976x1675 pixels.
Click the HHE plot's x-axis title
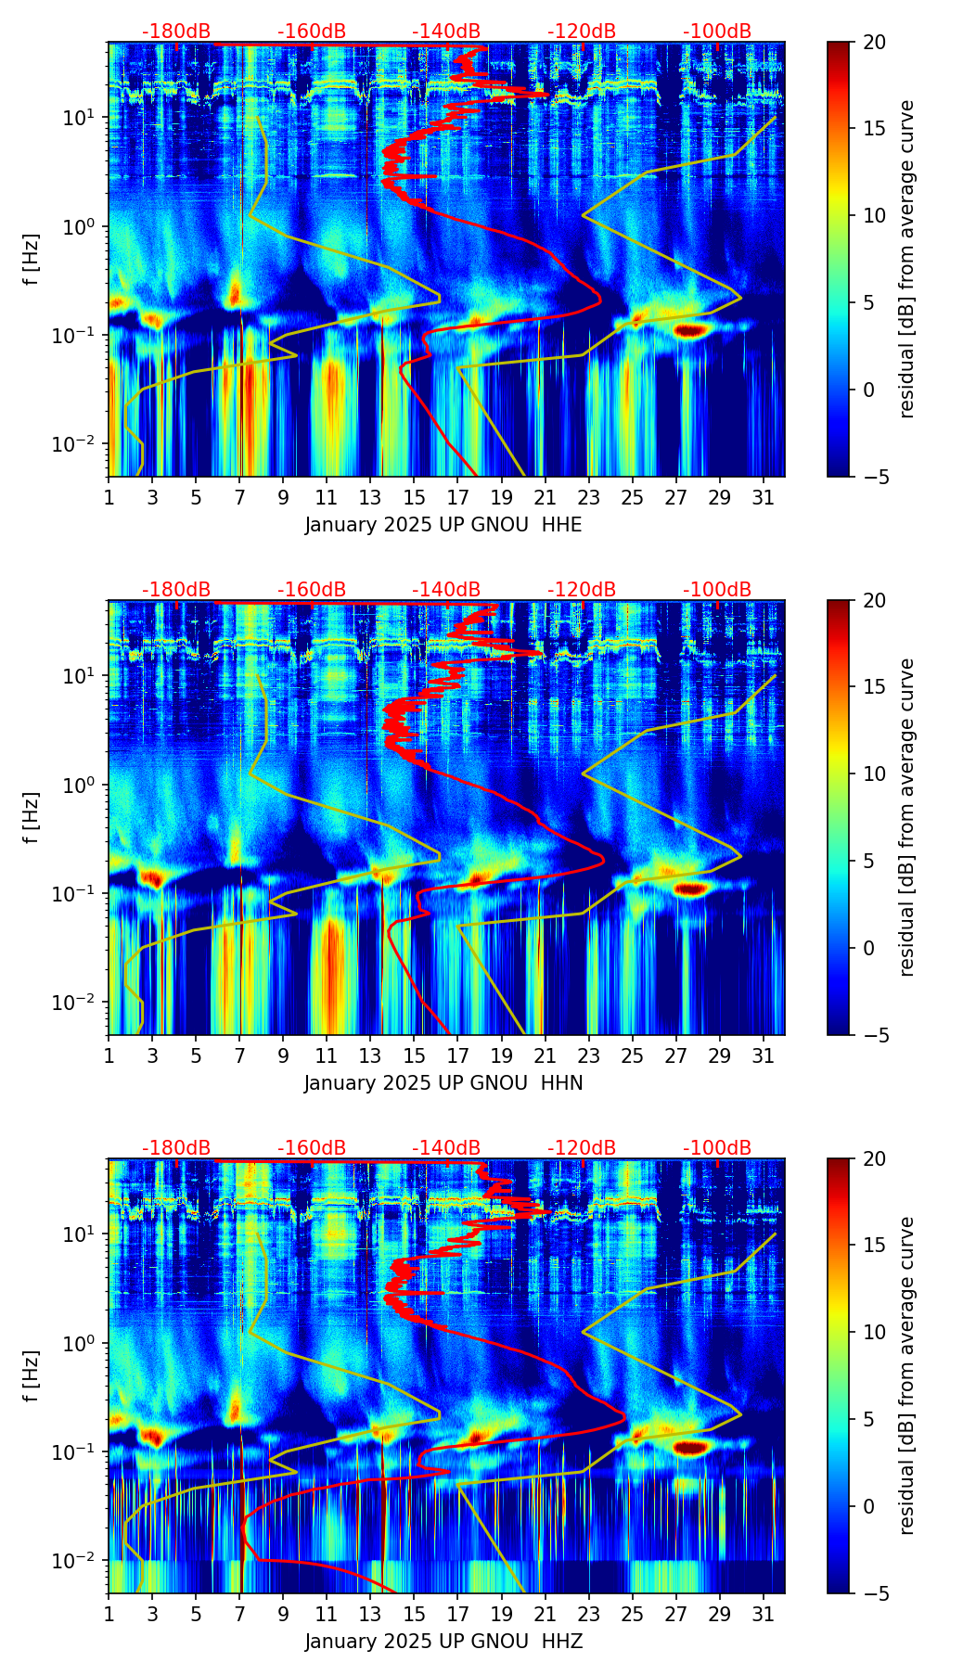[x=443, y=525]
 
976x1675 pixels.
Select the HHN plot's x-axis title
[x=443, y=1083]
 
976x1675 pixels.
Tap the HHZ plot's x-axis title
[x=443, y=1642]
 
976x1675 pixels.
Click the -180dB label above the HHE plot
[x=176, y=32]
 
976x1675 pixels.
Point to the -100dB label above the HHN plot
[x=717, y=590]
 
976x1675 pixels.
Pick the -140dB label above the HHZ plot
[x=446, y=1148]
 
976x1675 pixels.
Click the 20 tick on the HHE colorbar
[x=874, y=43]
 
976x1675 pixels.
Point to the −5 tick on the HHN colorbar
[x=874, y=1035]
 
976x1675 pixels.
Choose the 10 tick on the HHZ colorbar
[x=874, y=1332]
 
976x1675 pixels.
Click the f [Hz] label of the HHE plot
[x=32, y=260]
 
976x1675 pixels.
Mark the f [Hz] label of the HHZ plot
[x=32, y=1376]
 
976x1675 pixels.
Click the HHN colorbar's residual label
[x=907, y=817]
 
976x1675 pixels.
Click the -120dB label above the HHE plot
[x=582, y=32]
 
